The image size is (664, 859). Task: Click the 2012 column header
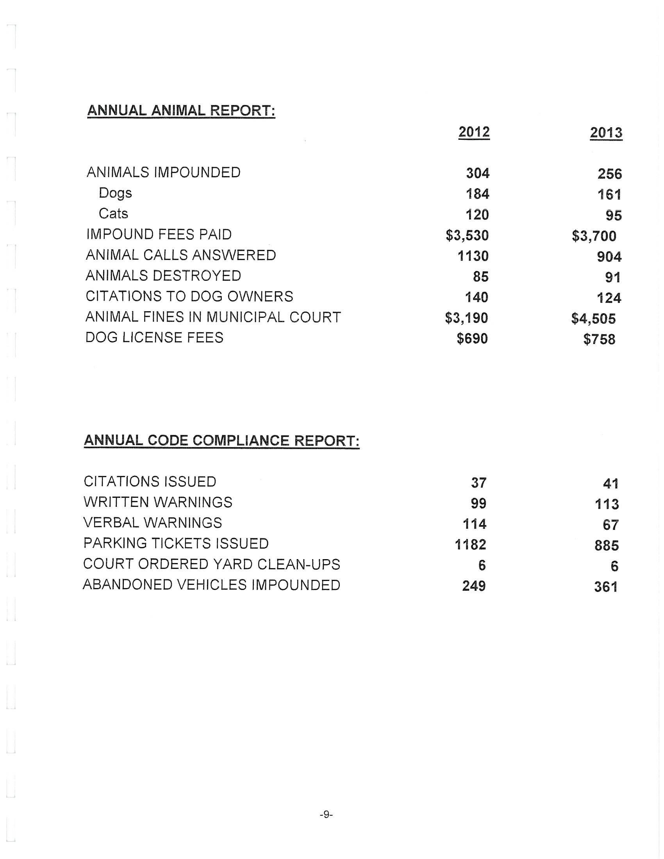point(474,132)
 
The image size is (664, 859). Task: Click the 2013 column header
point(606,133)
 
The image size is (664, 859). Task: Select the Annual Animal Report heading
point(181,110)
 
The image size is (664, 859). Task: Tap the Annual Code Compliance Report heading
point(221,440)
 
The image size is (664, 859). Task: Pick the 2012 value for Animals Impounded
point(478,173)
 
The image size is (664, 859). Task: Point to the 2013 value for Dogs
point(609,195)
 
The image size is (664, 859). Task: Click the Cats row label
point(113,214)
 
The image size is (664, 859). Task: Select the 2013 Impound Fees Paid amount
point(594,236)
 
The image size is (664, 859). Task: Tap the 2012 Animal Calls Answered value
point(473,256)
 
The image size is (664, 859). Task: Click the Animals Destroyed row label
point(163,276)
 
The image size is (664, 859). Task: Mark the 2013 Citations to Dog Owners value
point(609,298)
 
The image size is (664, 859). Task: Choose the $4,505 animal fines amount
point(593,319)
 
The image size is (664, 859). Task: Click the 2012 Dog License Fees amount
point(472,339)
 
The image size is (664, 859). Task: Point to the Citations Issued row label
point(150,482)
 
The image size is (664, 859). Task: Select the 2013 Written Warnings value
point(607,504)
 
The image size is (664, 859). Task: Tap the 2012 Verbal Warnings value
point(475,524)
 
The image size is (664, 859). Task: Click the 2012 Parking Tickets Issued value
point(471,545)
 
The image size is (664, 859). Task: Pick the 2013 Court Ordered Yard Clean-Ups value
point(614,567)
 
